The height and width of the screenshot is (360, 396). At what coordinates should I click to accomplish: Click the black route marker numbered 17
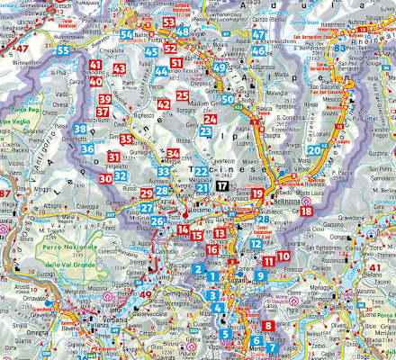tap(221, 184)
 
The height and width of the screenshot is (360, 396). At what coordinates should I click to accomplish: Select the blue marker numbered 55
tap(62, 49)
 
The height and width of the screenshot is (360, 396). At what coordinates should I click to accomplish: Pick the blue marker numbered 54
tap(127, 35)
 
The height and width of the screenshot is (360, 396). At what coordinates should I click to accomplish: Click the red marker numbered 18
tap(307, 211)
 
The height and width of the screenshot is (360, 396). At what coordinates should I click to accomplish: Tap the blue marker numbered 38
tap(80, 130)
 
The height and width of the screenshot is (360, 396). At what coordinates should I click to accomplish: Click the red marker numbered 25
tap(182, 95)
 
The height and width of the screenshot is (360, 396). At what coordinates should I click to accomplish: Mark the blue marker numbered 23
tap(205, 131)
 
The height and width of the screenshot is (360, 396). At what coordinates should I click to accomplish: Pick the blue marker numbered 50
tap(229, 99)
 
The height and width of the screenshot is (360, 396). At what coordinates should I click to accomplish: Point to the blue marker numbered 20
tap(314, 149)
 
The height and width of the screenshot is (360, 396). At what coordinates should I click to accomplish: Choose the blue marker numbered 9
tap(260, 275)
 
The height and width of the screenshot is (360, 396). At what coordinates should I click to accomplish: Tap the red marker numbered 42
tap(163, 104)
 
